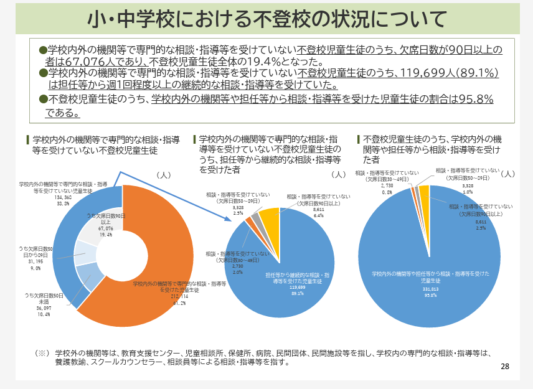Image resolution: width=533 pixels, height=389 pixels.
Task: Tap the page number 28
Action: [505, 367]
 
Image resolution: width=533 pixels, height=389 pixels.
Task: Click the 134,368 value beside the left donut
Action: [63, 197]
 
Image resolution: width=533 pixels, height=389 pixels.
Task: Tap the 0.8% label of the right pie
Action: [387, 192]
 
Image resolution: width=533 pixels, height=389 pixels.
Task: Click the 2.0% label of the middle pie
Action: [237, 272]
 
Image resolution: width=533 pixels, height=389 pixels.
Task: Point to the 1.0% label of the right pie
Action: [468, 192]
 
